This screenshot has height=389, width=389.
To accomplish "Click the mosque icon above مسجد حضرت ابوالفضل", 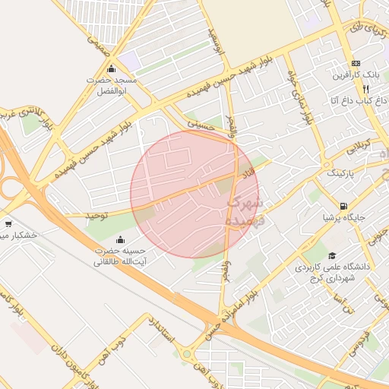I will (x=112, y=70).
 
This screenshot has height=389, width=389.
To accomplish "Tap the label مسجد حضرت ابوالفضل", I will (x=112, y=84).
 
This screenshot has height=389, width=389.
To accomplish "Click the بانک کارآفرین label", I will (x=356, y=75).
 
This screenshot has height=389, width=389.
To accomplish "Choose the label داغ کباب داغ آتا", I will (x=349, y=100).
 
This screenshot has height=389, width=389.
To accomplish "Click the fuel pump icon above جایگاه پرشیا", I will (x=344, y=205).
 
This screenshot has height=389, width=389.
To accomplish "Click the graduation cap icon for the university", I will (x=331, y=256).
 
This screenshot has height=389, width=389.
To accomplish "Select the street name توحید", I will (x=96, y=217).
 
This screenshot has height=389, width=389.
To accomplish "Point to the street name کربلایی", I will (x=356, y=144).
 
